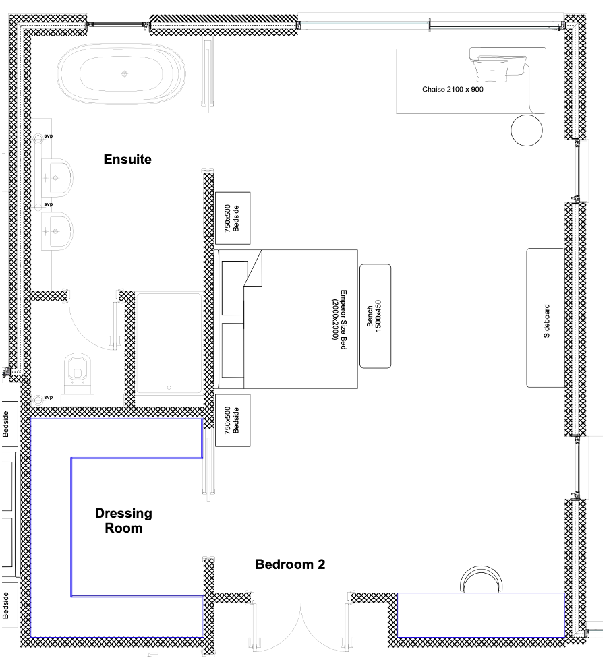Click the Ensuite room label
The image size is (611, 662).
click(127, 159)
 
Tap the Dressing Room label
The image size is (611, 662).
click(123, 520)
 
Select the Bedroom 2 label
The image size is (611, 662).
click(290, 564)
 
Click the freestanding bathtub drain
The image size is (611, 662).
click(125, 74)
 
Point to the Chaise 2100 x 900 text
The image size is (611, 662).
click(453, 89)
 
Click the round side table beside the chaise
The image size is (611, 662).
click(527, 130)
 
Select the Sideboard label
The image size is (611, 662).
click(546, 321)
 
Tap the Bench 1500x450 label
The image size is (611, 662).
click(374, 315)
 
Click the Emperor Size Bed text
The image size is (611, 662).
click(339, 319)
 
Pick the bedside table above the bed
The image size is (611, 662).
click(233, 218)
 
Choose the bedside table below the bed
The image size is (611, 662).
click(233, 420)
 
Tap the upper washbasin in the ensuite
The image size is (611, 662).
click(57, 178)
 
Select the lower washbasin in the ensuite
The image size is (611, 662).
click(57, 231)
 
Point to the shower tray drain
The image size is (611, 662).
click(169, 388)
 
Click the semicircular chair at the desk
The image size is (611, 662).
click(482, 579)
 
